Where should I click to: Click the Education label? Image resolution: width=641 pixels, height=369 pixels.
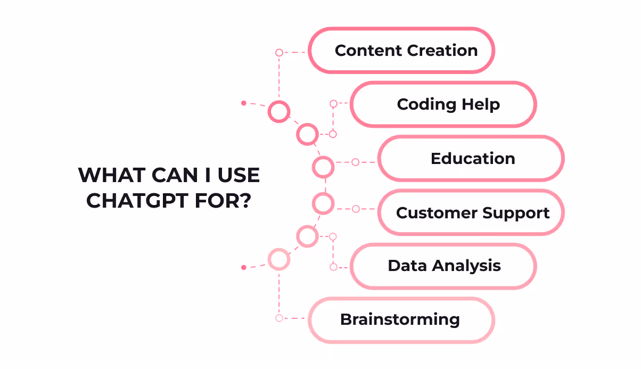point(473,159)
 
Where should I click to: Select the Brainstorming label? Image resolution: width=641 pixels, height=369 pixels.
point(400,319)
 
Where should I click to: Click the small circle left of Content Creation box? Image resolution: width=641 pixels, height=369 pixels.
point(279,53)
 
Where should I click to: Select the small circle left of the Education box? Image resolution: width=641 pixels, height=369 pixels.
point(356,162)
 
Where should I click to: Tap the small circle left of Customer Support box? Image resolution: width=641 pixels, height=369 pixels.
point(356,209)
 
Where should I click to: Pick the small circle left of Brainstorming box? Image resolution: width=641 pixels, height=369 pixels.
point(279,318)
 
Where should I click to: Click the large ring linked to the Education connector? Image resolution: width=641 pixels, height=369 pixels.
point(323,167)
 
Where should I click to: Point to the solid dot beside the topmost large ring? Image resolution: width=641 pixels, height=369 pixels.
point(243,103)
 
